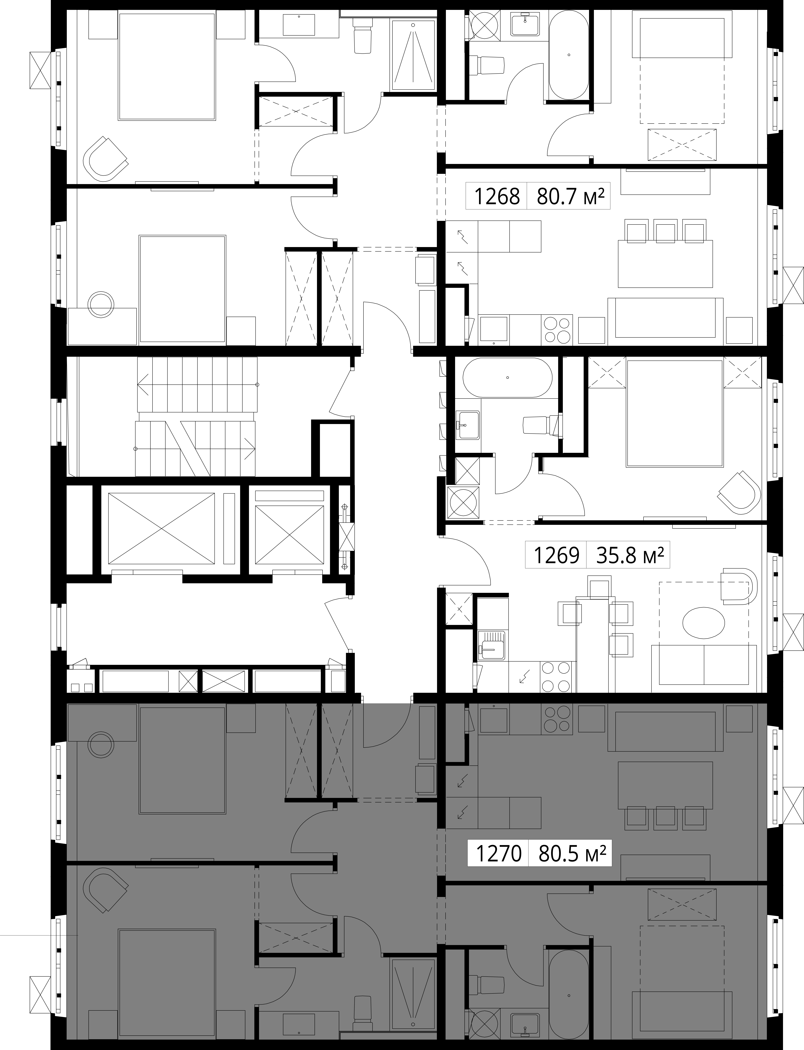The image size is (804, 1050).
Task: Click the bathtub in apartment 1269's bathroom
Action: coord(507,378)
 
